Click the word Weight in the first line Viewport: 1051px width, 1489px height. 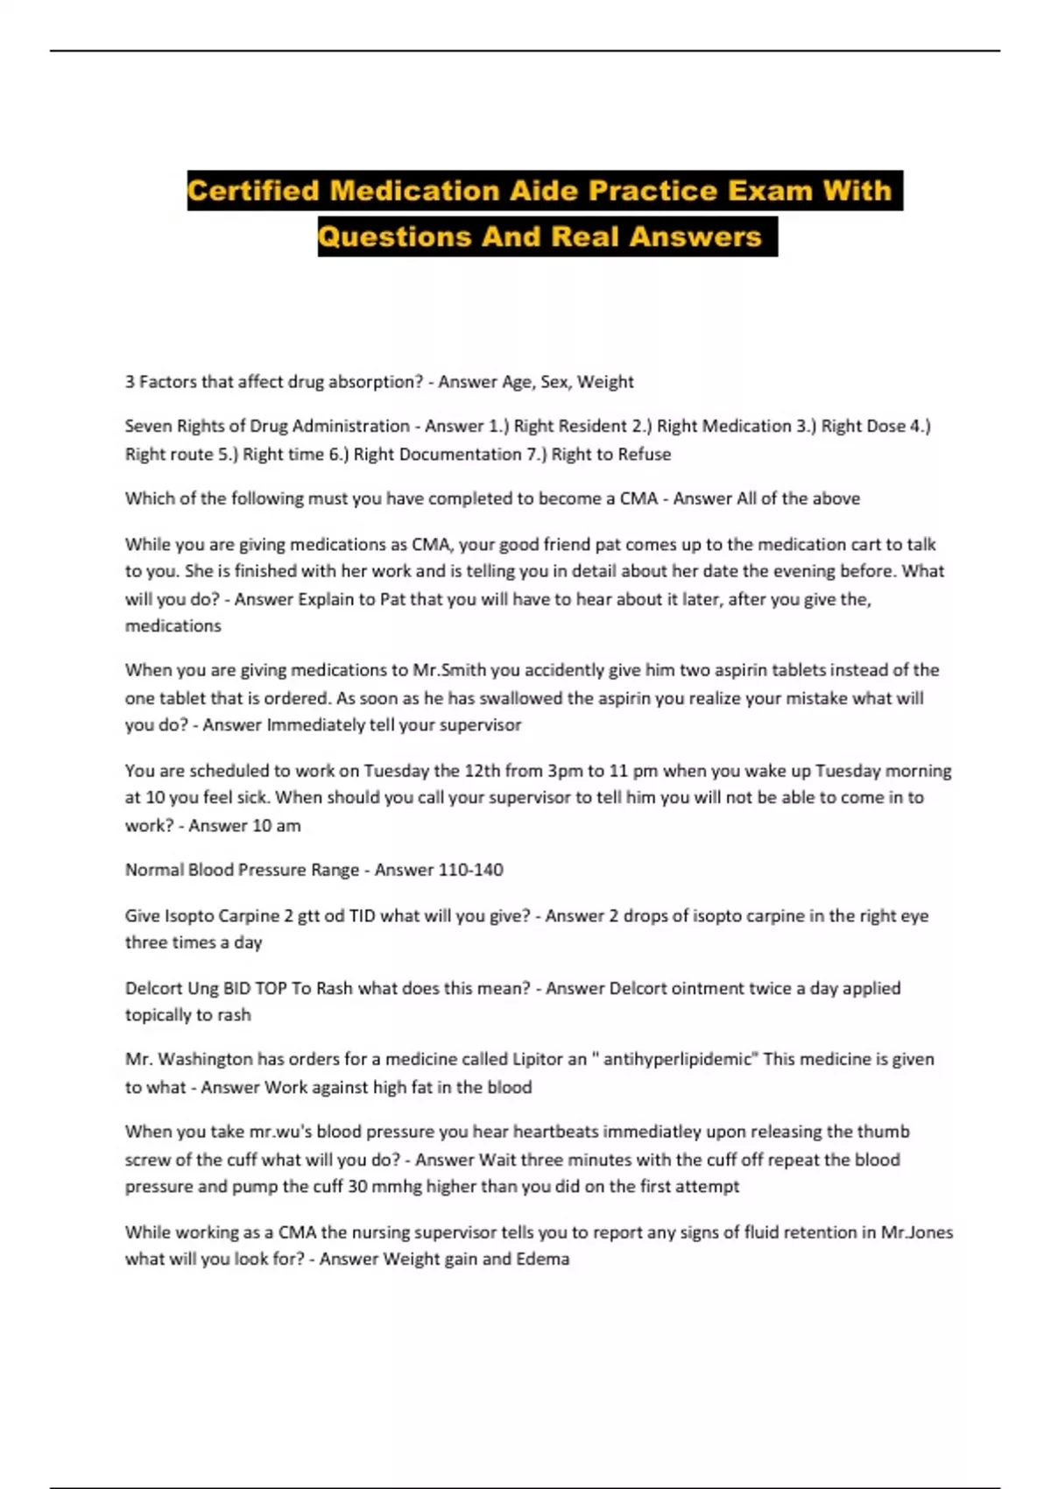click(605, 382)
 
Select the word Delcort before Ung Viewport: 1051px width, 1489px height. click(153, 988)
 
